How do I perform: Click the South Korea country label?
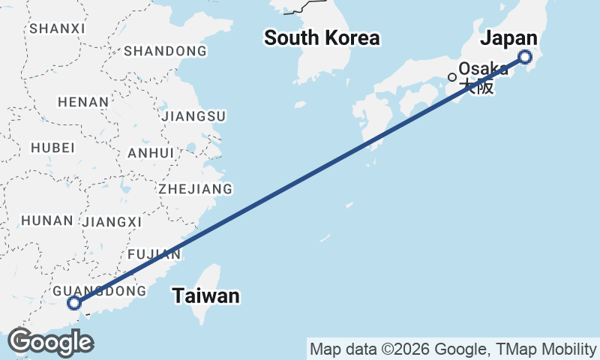(x=322, y=38)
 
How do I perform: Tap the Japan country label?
(x=509, y=39)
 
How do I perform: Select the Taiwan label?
(x=206, y=296)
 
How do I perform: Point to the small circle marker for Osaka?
(x=452, y=76)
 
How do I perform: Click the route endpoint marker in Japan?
(x=525, y=57)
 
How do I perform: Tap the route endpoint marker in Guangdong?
(x=73, y=303)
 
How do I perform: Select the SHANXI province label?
(x=56, y=28)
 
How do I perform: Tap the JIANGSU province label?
(x=193, y=116)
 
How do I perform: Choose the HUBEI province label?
(x=52, y=148)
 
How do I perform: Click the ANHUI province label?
(x=151, y=153)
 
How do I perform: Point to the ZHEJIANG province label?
(x=195, y=189)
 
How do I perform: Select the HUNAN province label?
(x=47, y=220)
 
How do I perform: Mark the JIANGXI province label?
(x=112, y=222)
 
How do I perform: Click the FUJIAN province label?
(x=154, y=254)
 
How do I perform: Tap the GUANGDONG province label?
(x=100, y=291)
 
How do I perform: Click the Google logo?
(x=50, y=342)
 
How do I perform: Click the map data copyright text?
(x=453, y=349)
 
